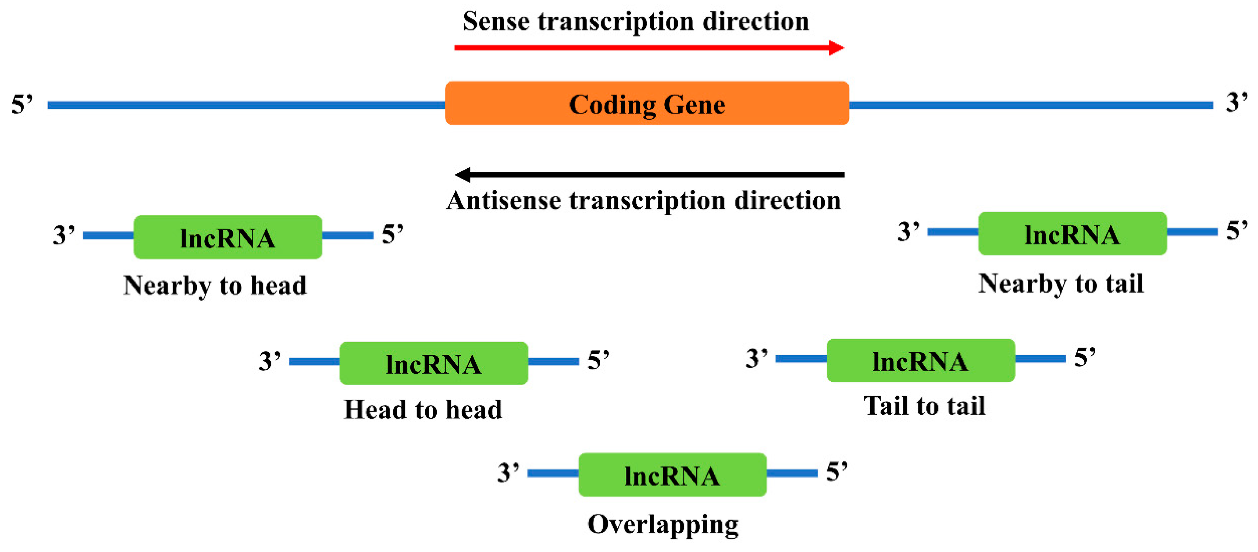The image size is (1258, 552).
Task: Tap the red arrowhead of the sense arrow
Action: [836, 48]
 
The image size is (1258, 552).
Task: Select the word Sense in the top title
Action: [496, 22]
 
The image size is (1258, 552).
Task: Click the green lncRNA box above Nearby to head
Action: [228, 237]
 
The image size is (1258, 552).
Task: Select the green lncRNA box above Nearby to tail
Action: [1072, 234]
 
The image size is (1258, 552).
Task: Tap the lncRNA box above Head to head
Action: [433, 363]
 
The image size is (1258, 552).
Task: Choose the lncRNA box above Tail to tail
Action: [920, 360]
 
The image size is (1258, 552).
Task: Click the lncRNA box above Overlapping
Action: [672, 475]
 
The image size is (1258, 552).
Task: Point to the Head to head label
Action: [423, 409]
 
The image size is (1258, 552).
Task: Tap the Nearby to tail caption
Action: [1061, 284]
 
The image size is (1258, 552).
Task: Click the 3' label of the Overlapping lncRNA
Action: [508, 473]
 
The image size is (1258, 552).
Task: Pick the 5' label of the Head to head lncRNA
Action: [598, 360]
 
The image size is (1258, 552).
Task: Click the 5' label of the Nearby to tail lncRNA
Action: [1236, 231]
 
